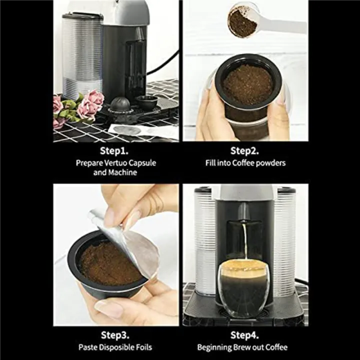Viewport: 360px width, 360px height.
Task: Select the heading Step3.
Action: click(115, 335)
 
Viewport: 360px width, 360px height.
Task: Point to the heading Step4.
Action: click(245, 335)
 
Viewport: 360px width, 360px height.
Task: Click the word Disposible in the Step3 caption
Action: click(115, 347)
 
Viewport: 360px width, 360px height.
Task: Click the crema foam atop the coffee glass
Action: click(243, 268)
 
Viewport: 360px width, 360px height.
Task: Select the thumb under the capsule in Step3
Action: click(109, 309)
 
